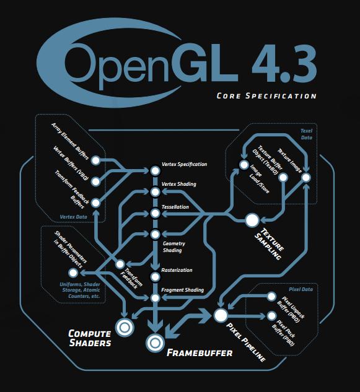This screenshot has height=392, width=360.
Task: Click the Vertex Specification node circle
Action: (x=155, y=171)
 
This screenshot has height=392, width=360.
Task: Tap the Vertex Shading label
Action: (x=178, y=184)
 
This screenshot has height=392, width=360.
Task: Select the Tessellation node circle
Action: (x=155, y=213)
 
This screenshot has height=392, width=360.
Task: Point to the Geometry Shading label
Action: (x=173, y=246)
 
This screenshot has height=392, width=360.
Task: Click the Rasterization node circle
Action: (x=155, y=277)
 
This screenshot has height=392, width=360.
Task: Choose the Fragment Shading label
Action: (x=182, y=290)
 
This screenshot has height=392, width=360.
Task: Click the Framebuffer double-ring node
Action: (x=155, y=342)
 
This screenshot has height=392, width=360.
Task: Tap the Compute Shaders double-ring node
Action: (x=125, y=327)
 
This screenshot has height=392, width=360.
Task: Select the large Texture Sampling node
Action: (x=252, y=220)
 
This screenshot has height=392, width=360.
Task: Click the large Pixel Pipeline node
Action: (x=221, y=315)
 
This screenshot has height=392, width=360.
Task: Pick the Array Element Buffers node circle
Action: (x=95, y=160)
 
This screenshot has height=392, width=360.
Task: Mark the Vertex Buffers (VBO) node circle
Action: (x=95, y=181)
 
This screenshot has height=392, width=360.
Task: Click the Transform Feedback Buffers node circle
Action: (x=95, y=203)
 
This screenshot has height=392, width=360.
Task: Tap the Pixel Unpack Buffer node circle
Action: (x=271, y=297)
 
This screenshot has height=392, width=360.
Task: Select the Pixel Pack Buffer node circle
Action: (x=271, y=316)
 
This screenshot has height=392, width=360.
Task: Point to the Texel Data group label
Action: (x=306, y=134)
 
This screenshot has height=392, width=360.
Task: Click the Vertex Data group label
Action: (x=73, y=217)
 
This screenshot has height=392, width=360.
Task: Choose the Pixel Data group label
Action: (x=301, y=289)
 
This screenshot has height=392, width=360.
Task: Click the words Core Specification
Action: (x=266, y=96)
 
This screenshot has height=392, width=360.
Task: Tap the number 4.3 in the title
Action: (x=284, y=64)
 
